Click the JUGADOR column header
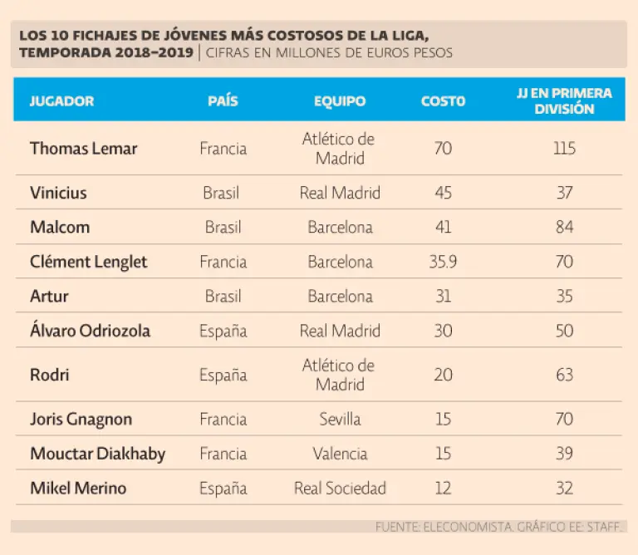tap(61, 101)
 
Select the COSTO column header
tap(443, 101)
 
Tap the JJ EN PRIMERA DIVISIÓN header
tap(564, 101)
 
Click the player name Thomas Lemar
tap(83, 149)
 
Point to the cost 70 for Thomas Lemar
tap(443, 149)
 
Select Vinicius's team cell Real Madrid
tap(340, 193)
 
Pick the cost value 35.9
tap(443, 262)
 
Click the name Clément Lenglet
tap(88, 262)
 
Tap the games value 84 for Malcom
tap(564, 227)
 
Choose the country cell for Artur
tap(222, 297)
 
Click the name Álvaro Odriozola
tap(90, 331)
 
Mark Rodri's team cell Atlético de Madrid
tap(340, 375)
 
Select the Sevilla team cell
tap(340, 419)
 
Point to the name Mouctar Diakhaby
tap(97, 454)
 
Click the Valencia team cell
tap(340, 454)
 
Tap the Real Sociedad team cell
tap(340, 488)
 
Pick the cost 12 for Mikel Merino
tap(443, 488)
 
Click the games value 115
tap(564, 149)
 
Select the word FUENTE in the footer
tap(397, 527)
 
